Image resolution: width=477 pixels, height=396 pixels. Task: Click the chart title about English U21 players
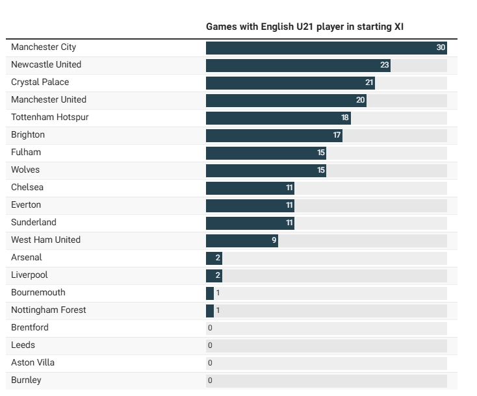(x=305, y=27)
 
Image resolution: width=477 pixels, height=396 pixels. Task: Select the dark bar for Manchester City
(x=325, y=48)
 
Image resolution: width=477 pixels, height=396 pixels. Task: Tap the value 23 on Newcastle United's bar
(x=384, y=66)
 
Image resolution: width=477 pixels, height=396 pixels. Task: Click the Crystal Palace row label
(x=40, y=82)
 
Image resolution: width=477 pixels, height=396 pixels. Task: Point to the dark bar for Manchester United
(x=286, y=101)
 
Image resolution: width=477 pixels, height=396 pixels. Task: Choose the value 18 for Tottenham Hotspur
(x=345, y=118)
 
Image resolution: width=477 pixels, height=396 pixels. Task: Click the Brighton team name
(x=28, y=135)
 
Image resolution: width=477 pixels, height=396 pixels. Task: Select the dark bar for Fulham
(x=266, y=153)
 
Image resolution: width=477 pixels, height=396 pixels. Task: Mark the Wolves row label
(x=25, y=170)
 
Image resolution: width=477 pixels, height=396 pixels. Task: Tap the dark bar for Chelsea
(x=250, y=188)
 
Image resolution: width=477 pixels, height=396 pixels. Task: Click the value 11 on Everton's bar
(x=290, y=206)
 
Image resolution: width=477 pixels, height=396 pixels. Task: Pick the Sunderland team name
(x=34, y=223)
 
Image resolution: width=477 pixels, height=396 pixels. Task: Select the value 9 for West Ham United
(x=274, y=241)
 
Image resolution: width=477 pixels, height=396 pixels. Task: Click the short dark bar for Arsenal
(x=213, y=258)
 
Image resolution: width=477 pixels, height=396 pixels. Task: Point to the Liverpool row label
(x=29, y=275)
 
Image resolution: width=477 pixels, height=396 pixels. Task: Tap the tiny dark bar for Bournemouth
(x=209, y=293)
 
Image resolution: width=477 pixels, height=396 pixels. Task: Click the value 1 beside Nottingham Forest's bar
(x=218, y=311)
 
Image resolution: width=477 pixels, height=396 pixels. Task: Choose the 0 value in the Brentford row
(x=210, y=328)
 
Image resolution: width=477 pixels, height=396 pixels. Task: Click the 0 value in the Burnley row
(x=210, y=381)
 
